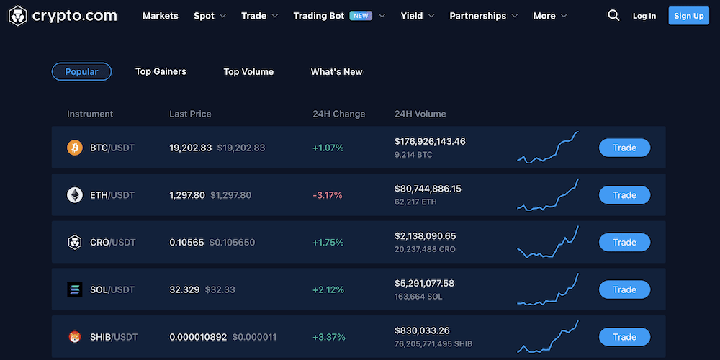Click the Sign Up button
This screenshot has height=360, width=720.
[688, 16]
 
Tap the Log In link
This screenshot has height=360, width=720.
[644, 16]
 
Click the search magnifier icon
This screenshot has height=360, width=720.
[613, 15]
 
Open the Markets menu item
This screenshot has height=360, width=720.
[160, 16]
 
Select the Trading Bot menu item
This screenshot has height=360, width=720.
[319, 16]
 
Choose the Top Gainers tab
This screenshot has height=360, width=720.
[161, 71]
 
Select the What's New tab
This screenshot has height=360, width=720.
[336, 71]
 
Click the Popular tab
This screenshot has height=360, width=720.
[81, 71]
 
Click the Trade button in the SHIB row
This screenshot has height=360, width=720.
[624, 337]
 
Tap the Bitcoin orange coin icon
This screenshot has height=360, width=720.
[75, 148]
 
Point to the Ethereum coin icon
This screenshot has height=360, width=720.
[75, 195]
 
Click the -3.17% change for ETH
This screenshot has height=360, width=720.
[327, 195]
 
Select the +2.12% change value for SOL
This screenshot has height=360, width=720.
[328, 289]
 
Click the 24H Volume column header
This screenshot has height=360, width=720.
[420, 114]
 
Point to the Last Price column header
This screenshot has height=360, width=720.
[190, 114]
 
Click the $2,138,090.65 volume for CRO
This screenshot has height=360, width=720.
[425, 236]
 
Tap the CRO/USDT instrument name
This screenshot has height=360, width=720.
[112, 243]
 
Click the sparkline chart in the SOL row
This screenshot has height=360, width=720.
[548, 289]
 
